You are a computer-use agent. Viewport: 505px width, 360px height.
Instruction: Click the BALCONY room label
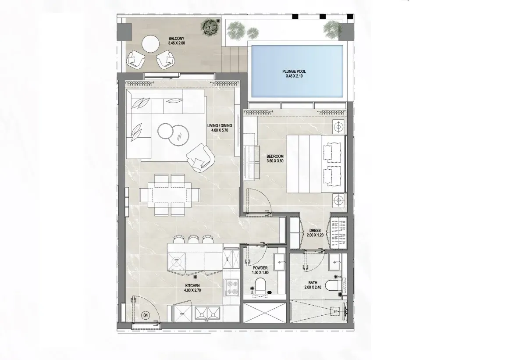pos(177,41)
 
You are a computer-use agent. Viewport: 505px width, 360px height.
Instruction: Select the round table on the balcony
pos(150,43)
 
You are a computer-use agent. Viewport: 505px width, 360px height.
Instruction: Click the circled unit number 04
pos(146,315)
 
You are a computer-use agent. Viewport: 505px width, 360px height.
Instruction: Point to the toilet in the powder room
pos(260,285)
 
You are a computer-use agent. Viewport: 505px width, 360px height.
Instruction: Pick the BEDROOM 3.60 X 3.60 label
pos(275,159)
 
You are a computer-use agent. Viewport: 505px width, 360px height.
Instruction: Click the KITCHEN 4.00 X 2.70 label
pos(192,288)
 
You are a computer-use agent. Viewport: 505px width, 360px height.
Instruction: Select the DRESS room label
pos(315,233)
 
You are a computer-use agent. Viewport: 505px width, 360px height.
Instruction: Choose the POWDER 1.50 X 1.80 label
pos(260,270)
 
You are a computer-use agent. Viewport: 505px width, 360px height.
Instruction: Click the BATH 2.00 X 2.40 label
pos(313,285)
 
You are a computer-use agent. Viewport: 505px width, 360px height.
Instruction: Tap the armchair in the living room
pos(201,157)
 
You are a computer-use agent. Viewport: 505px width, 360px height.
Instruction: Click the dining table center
pos(170,195)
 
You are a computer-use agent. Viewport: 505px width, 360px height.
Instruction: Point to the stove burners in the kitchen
pos(231,288)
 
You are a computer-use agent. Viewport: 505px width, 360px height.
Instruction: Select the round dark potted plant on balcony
pos(210,26)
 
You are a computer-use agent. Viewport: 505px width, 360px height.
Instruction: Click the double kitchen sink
pos(207,313)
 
